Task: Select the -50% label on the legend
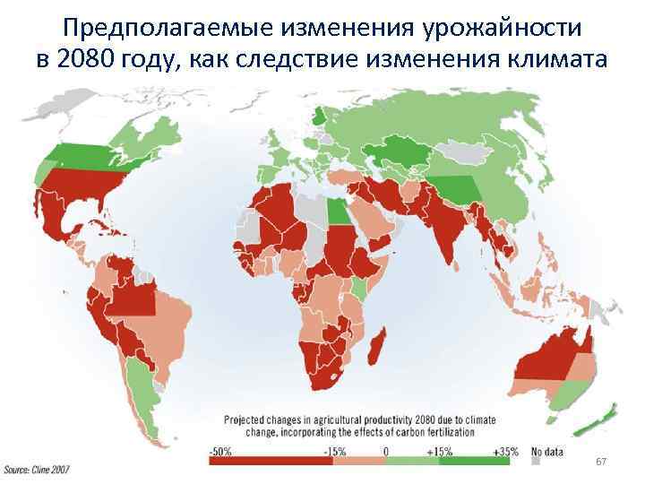[219, 452]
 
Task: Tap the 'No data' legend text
[548, 452]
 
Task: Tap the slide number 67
[601, 462]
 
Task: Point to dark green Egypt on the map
[335, 212]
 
